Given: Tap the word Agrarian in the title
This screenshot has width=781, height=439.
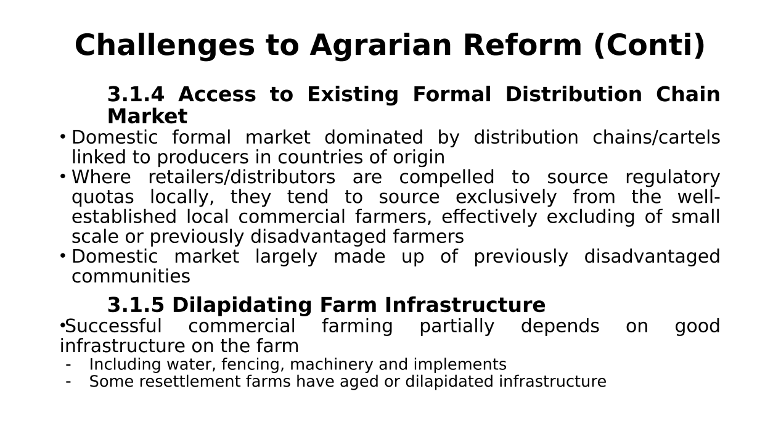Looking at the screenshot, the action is [x=381, y=46].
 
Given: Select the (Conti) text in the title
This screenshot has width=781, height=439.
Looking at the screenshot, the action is [x=649, y=46].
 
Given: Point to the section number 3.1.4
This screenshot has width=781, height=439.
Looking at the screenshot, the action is [x=136, y=94].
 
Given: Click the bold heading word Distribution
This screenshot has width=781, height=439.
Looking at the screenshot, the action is [x=573, y=94].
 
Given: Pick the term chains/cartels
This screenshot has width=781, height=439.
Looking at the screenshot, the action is [x=656, y=137].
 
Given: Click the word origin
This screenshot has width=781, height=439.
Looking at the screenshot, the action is [x=419, y=158].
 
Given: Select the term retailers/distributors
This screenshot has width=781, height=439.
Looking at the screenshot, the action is [x=242, y=177].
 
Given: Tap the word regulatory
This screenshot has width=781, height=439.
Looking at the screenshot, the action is [x=673, y=178].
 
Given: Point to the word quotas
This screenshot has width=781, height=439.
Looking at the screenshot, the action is [x=103, y=198].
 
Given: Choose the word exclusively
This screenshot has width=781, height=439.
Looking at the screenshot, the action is [x=506, y=198].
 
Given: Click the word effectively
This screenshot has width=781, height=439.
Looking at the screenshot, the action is [x=489, y=218].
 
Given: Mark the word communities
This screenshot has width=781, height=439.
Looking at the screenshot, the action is [x=131, y=276].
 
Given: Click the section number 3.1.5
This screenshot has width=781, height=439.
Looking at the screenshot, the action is [x=136, y=305].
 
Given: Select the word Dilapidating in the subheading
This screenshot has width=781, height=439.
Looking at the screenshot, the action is [x=242, y=306].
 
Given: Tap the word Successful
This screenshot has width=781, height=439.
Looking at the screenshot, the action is [x=113, y=326].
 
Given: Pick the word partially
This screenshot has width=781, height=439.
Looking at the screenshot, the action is [x=457, y=327].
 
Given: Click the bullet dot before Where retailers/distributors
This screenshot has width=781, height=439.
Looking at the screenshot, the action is [x=63, y=176].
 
